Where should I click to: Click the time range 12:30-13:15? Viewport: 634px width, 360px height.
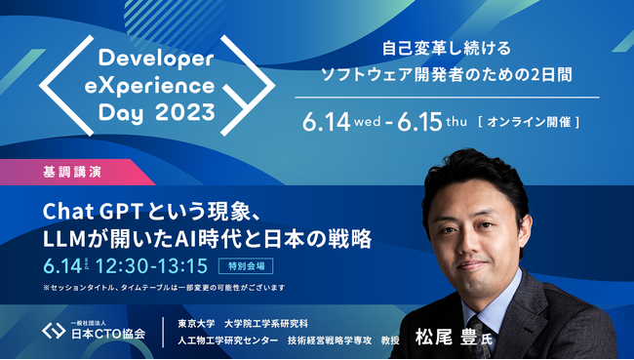point(153,264)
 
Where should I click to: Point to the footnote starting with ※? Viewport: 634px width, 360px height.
point(163,287)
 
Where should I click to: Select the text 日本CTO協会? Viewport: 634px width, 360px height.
point(108,334)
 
